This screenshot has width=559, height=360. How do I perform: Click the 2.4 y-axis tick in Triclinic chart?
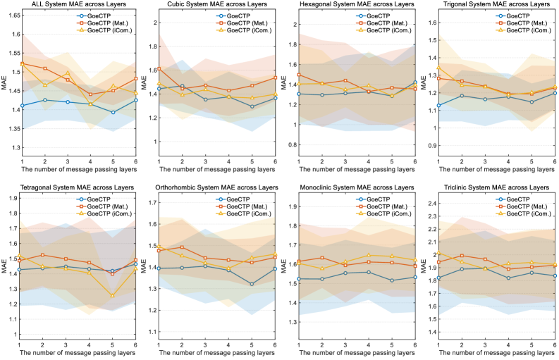(432, 203)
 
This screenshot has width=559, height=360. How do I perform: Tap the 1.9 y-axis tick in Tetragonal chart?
(12, 198)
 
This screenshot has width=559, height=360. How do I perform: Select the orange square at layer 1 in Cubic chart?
(159, 69)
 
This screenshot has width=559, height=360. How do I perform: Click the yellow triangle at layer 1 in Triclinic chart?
(438, 253)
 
